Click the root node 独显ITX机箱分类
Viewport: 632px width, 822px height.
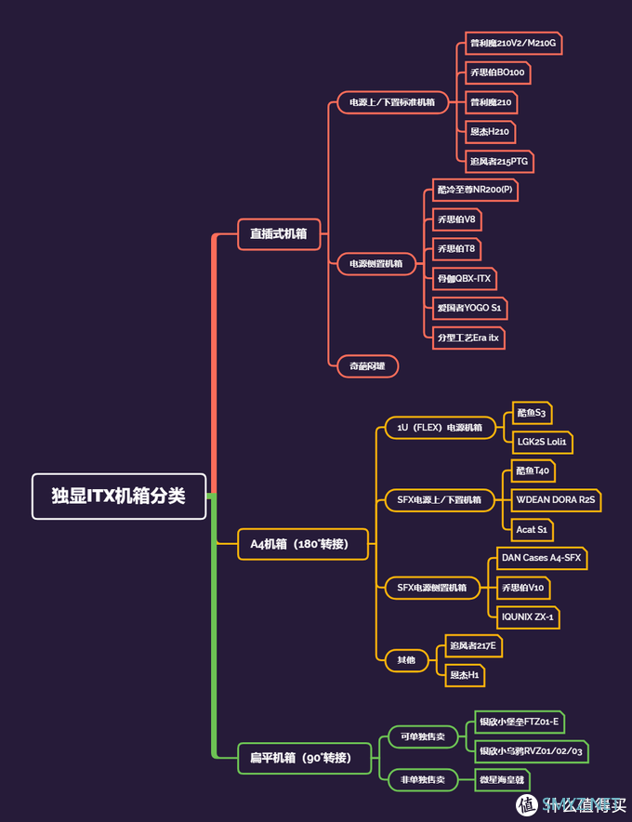(x=118, y=496)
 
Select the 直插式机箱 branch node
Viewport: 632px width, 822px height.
(x=279, y=234)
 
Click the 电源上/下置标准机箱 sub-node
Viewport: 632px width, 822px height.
(x=392, y=102)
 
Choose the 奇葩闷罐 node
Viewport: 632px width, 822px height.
(x=367, y=366)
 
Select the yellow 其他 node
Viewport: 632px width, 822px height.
(x=406, y=660)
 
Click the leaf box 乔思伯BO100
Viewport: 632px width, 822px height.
(x=497, y=73)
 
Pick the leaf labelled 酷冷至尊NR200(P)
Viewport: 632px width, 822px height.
(x=474, y=191)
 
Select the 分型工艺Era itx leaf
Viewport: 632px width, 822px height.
(x=468, y=338)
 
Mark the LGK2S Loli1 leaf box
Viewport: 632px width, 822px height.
(x=542, y=442)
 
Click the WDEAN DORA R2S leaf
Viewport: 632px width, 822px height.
(x=556, y=500)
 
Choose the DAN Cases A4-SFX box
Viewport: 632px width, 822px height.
(x=540, y=558)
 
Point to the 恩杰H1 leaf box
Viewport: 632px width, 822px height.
(x=465, y=675)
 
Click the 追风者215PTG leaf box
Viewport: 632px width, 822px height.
(x=499, y=162)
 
